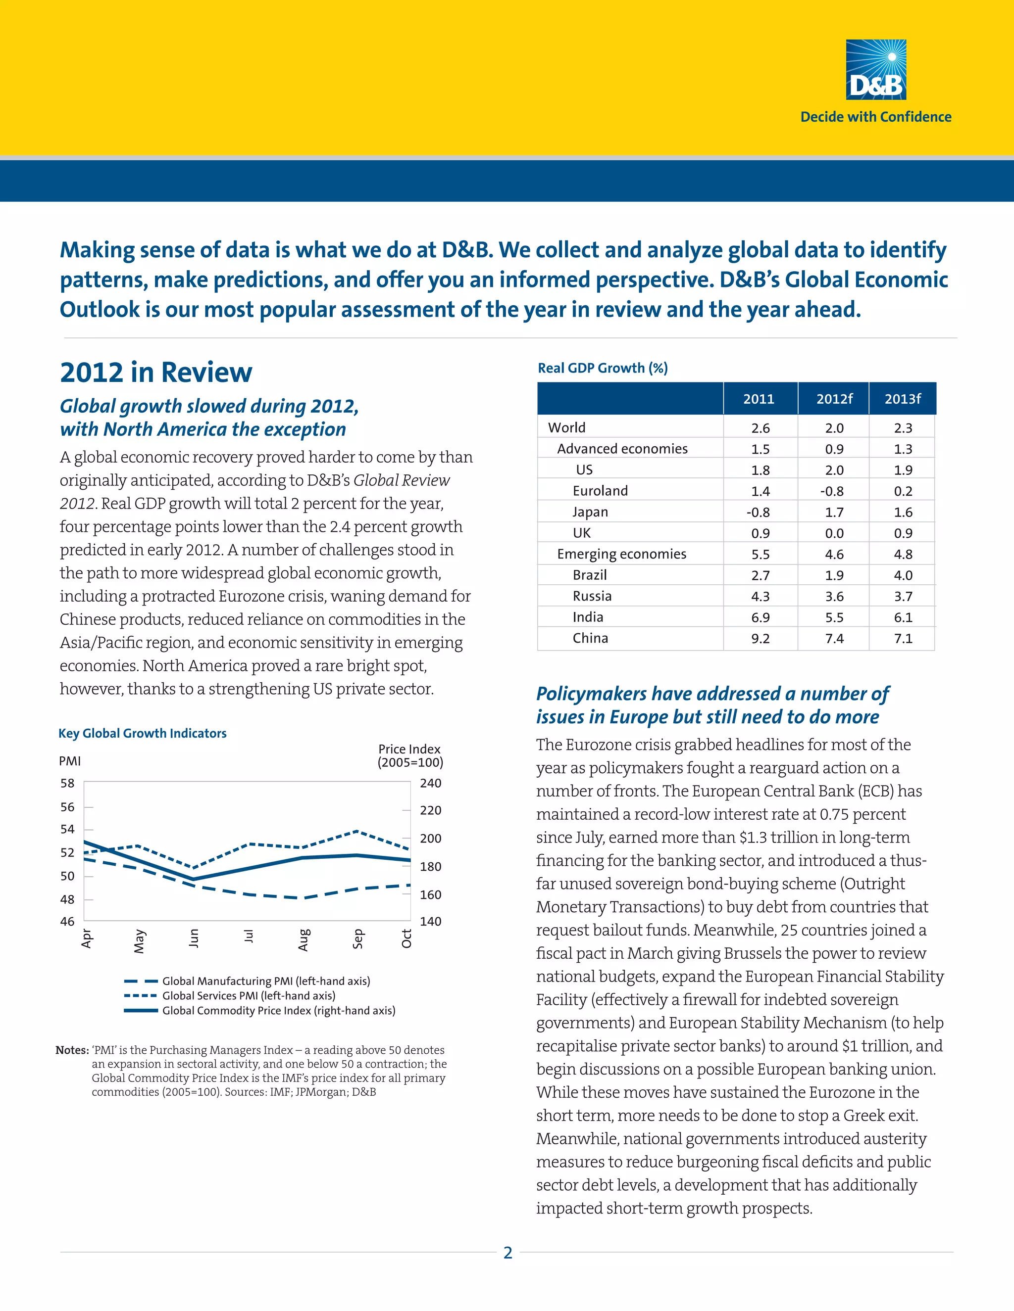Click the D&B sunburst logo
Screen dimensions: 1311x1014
coord(875,69)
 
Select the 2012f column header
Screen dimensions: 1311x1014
coord(834,399)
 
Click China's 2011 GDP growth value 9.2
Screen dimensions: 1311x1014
coord(760,639)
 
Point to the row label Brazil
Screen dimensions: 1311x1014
coord(589,575)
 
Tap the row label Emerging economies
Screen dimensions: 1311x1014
coord(621,554)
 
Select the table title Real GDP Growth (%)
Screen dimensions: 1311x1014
coord(602,368)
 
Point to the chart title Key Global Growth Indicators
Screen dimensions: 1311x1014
coord(143,733)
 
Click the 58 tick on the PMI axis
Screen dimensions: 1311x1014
coord(67,783)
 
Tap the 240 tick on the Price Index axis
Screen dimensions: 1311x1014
coord(430,783)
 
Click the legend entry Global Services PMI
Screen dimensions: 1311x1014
coord(249,995)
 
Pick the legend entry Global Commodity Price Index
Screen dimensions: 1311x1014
coord(278,1010)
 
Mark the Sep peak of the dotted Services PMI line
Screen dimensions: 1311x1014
coord(357,832)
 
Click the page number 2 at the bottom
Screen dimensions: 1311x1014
coord(507,1253)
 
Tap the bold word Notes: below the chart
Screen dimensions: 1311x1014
coord(72,1050)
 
